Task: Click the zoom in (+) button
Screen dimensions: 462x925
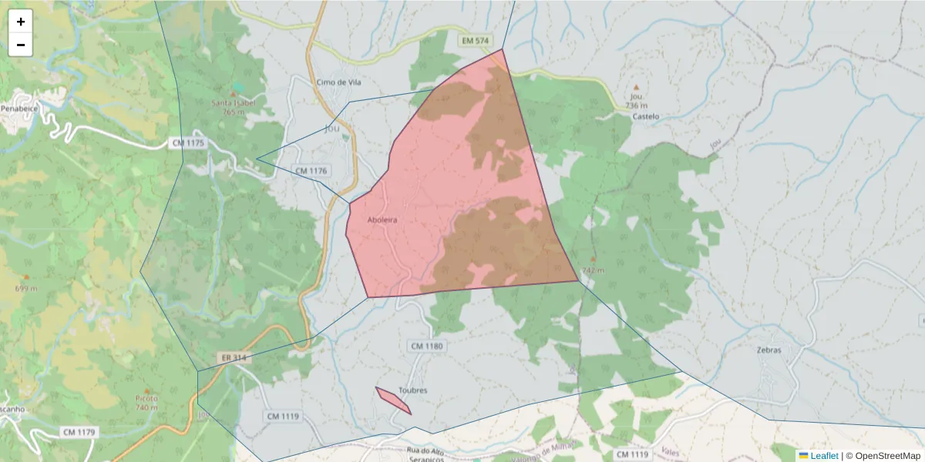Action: pyautogui.click(x=21, y=22)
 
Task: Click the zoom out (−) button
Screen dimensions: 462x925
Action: pyautogui.click(x=21, y=45)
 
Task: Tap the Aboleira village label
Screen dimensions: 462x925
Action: pyautogui.click(x=382, y=219)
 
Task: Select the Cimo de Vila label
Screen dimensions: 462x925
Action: pyautogui.click(x=338, y=82)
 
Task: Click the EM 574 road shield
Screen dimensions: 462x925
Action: pyautogui.click(x=476, y=39)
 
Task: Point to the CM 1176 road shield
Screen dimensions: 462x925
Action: pyautogui.click(x=311, y=170)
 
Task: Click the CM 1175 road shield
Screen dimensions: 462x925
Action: pyautogui.click(x=188, y=143)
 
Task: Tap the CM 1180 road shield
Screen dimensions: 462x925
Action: pyautogui.click(x=427, y=346)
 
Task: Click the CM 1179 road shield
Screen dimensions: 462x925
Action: pyautogui.click(x=79, y=432)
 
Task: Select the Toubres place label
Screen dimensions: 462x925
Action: pyautogui.click(x=412, y=390)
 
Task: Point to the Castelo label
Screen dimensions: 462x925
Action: pyautogui.click(x=645, y=116)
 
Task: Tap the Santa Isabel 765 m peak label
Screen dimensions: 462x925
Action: pyautogui.click(x=233, y=106)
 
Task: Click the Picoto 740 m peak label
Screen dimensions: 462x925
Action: pyautogui.click(x=146, y=402)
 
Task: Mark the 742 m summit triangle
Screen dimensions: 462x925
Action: pyautogui.click(x=592, y=259)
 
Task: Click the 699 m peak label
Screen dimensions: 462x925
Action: pyautogui.click(x=25, y=288)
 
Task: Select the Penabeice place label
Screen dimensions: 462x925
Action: pyautogui.click(x=18, y=109)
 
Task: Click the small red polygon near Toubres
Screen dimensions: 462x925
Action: pyautogui.click(x=393, y=400)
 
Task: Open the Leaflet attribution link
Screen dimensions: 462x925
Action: pyautogui.click(x=823, y=456)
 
